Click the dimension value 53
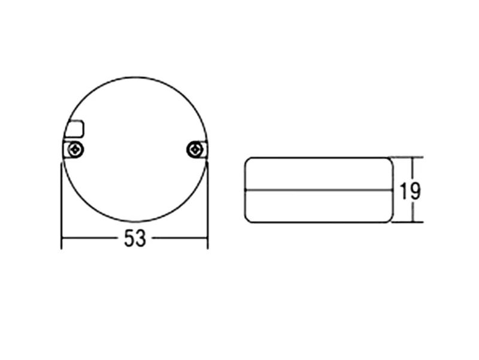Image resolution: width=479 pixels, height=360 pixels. [x=135, y=238]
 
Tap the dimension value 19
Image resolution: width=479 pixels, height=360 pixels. [x=410, y=191]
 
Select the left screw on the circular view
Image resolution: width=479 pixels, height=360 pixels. [x=75, y=150]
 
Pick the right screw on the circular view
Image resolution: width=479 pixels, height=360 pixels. [x=195, y=150]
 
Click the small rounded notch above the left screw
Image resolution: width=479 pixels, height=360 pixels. [x=75, y=129]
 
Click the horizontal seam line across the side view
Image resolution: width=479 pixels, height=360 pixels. [x=319, y=190]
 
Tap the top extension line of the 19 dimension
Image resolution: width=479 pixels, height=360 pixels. [x=407, y=158]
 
